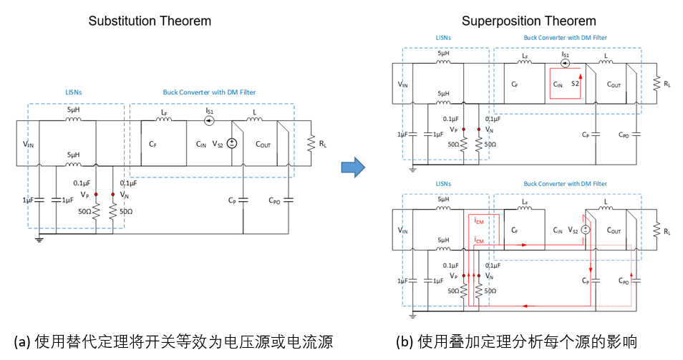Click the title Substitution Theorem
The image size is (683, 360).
[x=150, y=21]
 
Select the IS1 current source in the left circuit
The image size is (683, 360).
[x=210, y=122]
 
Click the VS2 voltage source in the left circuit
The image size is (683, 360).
[x=231, y=144]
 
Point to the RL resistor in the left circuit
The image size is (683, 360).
[x=311, y=144]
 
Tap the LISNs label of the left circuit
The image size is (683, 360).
[x=75, y=92]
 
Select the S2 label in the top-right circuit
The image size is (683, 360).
[x=574, y=84]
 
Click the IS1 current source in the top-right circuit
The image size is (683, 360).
[x=565, y=63]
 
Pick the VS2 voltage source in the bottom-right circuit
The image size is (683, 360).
[x=585, y=230]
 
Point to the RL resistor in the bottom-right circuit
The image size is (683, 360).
[x=657, y=230]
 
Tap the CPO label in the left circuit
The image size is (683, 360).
[x=273, y=201]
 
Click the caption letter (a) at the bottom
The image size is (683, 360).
[x=21, y=341]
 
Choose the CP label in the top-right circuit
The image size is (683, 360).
[x=586, y=134]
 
